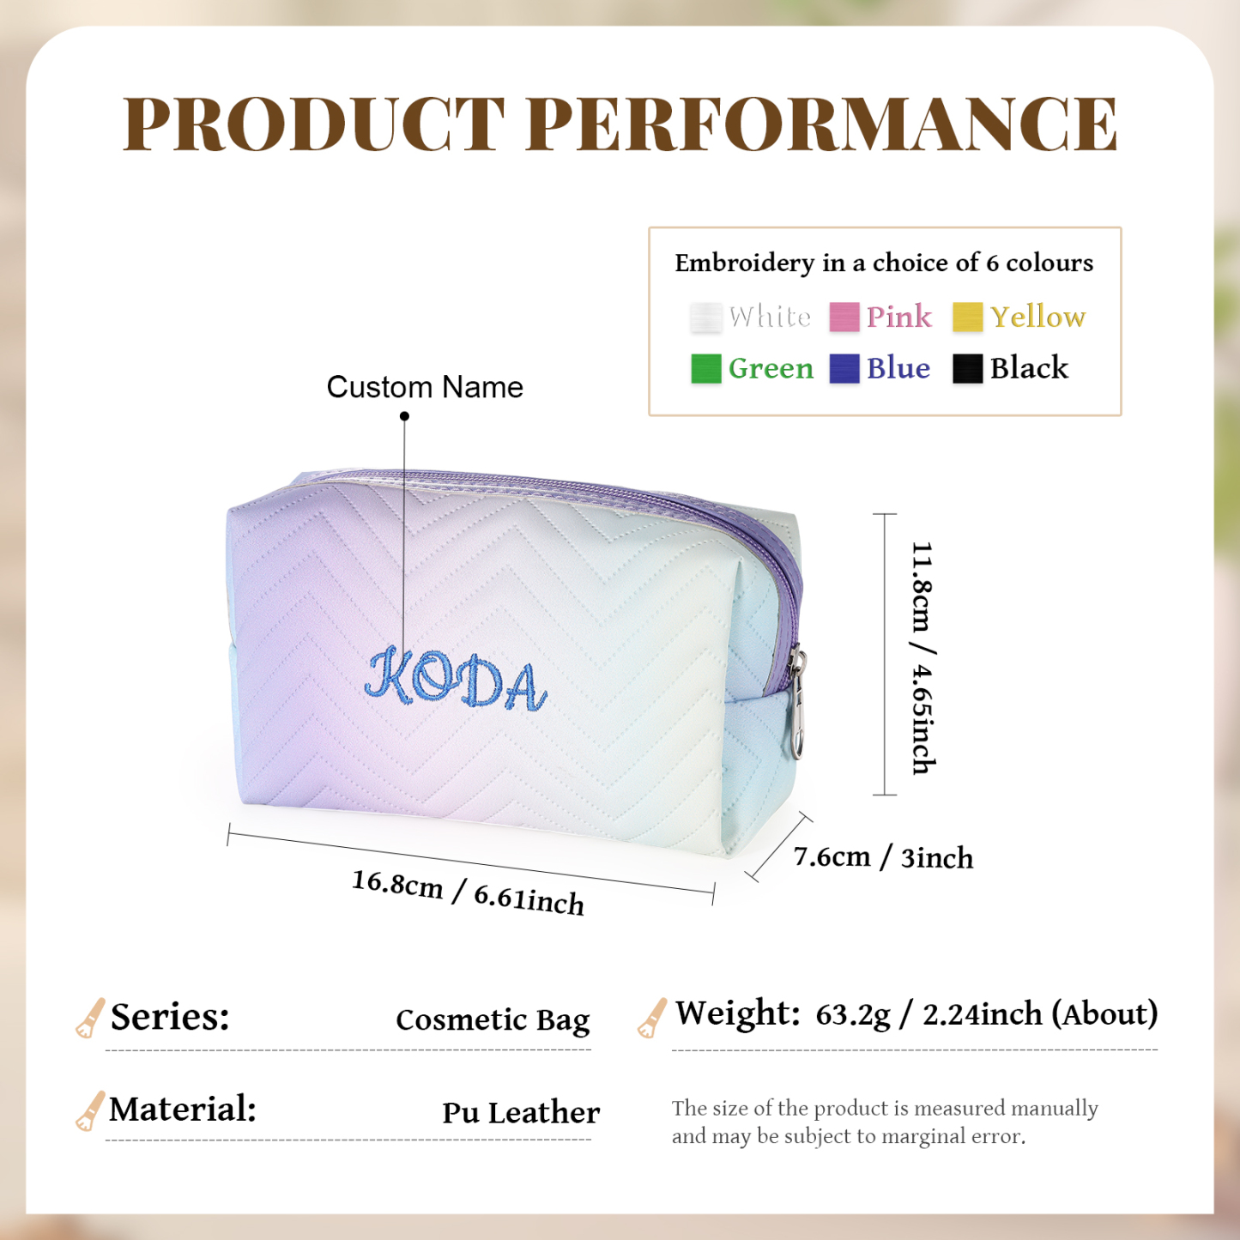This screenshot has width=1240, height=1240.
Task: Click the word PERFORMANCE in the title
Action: coord(822,124)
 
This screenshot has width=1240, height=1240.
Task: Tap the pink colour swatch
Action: coord(844,317)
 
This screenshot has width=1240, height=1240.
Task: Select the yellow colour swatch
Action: coord(967,317)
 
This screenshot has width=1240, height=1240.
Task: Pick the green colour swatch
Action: coord(705,369)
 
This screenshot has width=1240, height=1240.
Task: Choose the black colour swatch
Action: coord(967,369)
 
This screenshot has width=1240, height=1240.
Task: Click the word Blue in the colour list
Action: coord(898,368)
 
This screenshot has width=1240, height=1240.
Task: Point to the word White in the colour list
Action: coord(770,317)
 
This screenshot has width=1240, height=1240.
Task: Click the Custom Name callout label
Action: coord(425,387)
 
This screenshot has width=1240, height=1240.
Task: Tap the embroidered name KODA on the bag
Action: coord(456,680)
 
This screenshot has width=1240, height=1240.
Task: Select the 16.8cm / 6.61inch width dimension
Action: coord(468,892)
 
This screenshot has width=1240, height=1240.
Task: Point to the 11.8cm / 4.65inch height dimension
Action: coord(922,657)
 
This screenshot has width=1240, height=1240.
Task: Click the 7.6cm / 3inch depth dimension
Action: coord(883,857)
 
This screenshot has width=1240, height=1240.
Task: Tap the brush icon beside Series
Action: coord(89,1018)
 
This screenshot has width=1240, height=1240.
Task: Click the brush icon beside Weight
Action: coord(652,1018)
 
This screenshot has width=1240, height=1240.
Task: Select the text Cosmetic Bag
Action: coord(493,1020)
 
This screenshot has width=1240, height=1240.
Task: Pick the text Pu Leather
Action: coord(521,1113)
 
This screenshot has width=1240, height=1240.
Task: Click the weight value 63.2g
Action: coord(853,1014)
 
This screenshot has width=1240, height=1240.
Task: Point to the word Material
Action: coord(183,1109)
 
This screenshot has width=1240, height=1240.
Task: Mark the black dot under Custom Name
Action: coord(404,416)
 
